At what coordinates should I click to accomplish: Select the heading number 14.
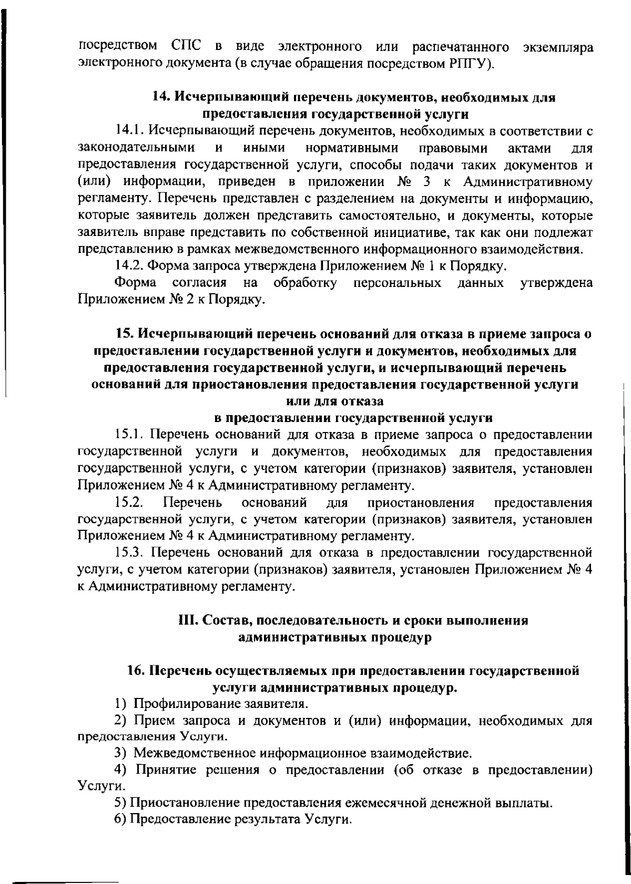[160, 98]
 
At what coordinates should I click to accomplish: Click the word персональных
[397, 283]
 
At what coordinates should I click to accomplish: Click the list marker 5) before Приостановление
[120, 804]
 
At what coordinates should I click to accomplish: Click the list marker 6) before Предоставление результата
[120, 820]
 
